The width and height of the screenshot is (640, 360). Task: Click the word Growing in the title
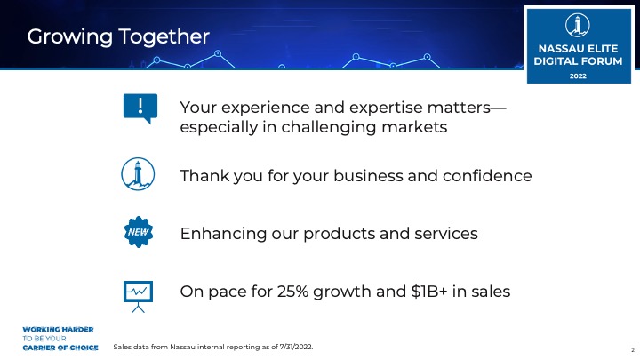click(70, 37)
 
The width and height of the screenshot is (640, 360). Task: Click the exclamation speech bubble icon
click(140, 108)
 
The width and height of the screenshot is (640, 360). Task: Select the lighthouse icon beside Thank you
click(138, 174)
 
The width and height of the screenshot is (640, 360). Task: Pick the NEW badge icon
click(139, 232)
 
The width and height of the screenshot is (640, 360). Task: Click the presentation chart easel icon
click(138, 296)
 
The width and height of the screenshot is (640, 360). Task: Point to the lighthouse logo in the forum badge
click(578, 25)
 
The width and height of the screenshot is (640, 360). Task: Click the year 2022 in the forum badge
click(578, 76)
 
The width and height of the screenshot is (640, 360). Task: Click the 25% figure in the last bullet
click(292, 292)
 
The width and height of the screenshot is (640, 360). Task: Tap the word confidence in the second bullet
click(487, 176)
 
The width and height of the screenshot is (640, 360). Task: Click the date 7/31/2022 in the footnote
click(296, 347)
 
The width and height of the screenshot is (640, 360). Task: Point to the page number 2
click(633, 350)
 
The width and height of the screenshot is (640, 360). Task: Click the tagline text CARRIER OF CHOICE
click(60, 348)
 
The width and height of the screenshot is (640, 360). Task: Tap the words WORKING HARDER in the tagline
click(58, 330)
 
